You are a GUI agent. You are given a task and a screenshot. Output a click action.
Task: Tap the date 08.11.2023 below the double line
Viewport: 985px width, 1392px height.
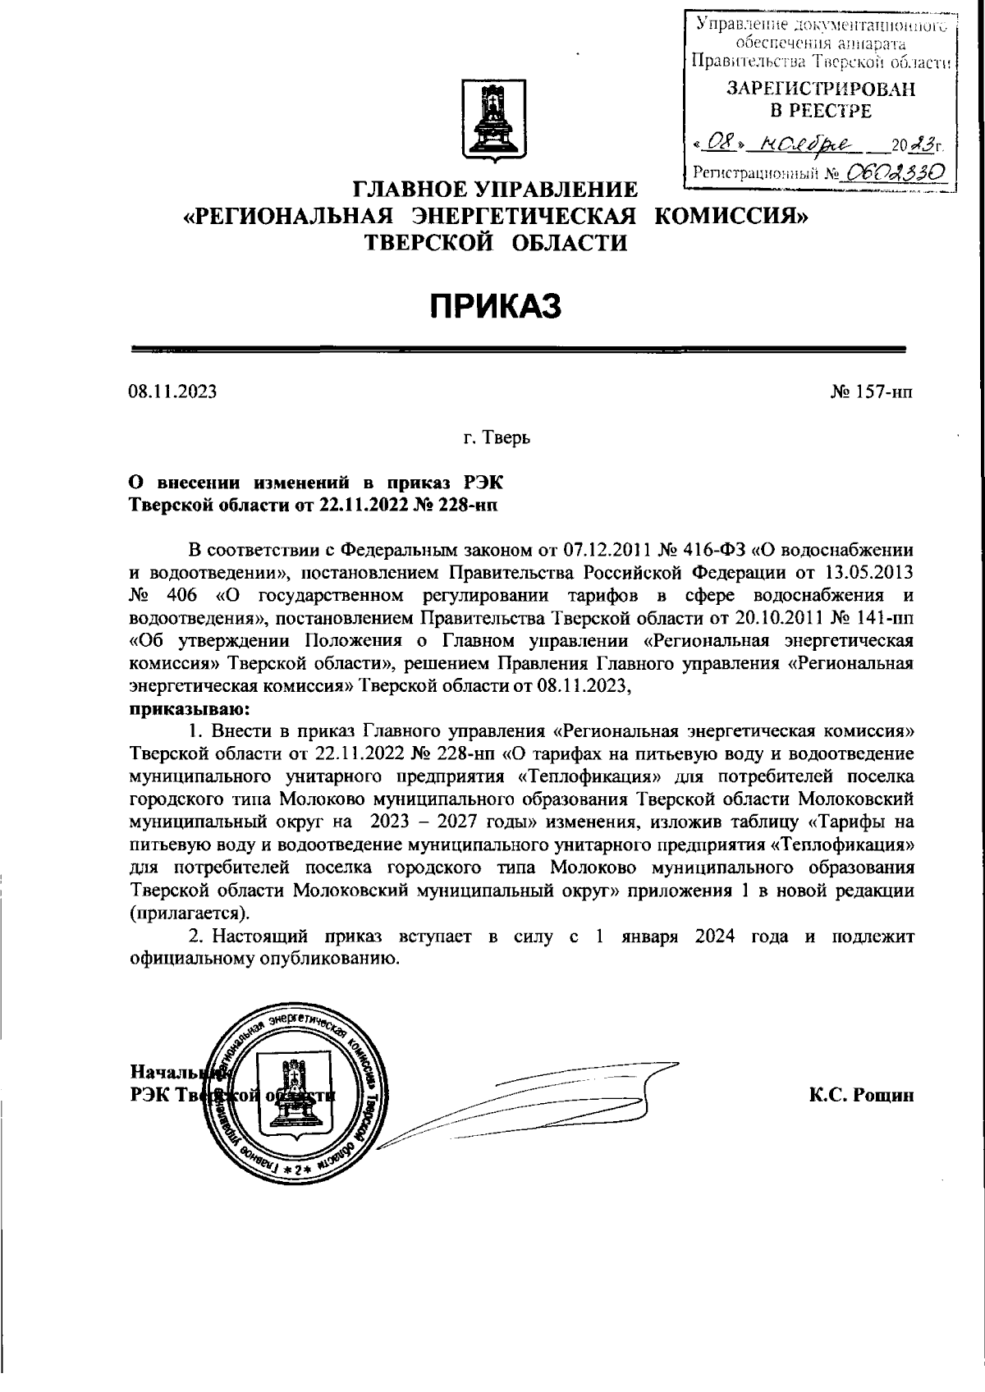click(172, 391)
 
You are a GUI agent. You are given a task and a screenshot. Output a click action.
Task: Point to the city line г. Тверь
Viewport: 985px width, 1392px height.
click(497, 437)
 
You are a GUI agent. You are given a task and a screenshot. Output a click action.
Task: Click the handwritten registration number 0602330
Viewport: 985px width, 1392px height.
click(895, 171)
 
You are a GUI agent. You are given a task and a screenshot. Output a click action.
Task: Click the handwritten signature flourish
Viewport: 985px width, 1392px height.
click(525, 1100)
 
